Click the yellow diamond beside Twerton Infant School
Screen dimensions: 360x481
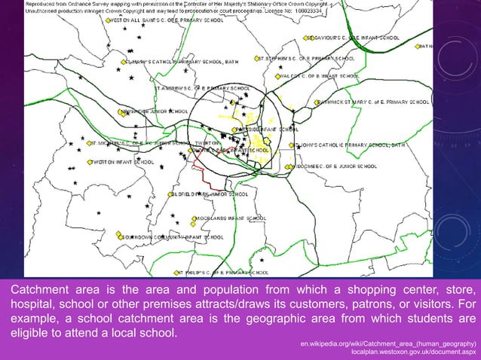[x=90, y=162]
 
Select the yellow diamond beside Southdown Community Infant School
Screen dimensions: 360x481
[x=119, y=237]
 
